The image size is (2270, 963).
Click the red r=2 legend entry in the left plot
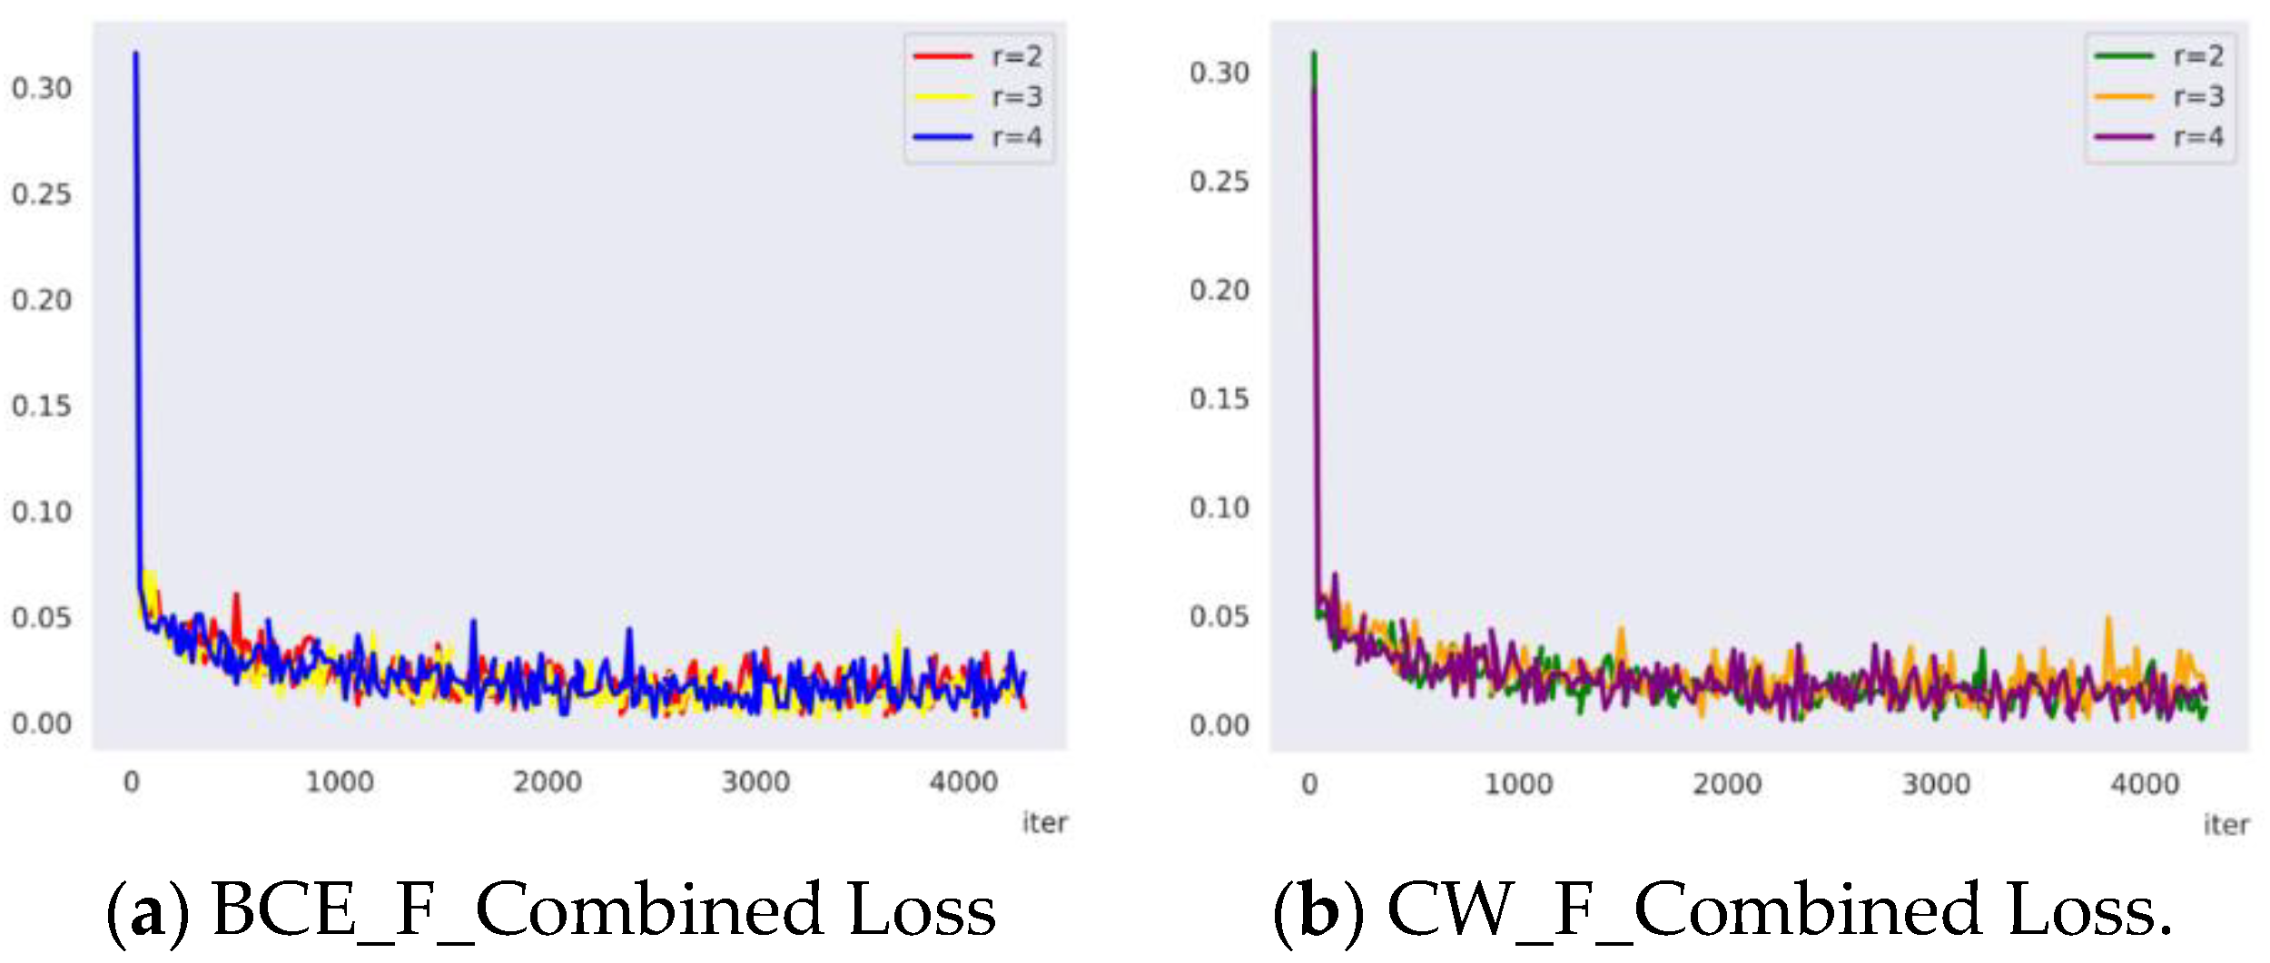[979, 56]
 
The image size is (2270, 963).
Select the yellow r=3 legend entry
[979, 96]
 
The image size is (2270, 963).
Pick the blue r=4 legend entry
[979, 137]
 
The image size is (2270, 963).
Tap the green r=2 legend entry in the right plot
[2159, 56]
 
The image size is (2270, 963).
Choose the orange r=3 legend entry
[2159, 96]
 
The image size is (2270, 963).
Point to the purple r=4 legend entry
[2159, 137]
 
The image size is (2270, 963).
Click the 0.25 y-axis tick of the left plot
[41, 194]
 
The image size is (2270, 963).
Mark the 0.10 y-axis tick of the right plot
[1219, 507]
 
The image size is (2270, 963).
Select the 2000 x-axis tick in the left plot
[548, 781]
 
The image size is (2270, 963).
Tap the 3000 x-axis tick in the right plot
[1936, 783]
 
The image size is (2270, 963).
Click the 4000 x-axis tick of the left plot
[963, 781]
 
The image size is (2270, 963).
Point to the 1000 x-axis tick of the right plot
[1518, 783]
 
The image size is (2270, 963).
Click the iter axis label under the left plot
[1044, 822]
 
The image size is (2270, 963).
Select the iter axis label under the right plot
[2226, 824]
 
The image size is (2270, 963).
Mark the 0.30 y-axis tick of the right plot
[1219, 73]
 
